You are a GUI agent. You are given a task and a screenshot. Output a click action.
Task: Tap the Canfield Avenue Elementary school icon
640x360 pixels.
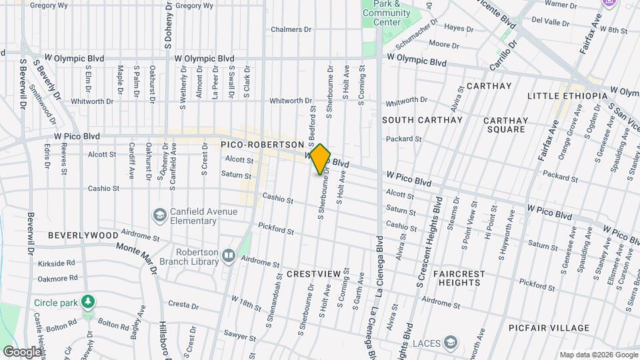click(x=159, y=215)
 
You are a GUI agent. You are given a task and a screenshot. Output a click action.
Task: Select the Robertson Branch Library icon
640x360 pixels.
click(x=229, y=255)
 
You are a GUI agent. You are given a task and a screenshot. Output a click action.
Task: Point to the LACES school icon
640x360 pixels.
click(x=451, y=343)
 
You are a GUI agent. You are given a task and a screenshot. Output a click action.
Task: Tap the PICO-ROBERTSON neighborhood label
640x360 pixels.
click(x=262, y=144)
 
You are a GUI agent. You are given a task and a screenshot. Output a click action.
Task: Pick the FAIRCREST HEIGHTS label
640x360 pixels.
click(x=465, y=278)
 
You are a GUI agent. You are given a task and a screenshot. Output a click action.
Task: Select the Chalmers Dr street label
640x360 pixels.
click(x=291, y=29)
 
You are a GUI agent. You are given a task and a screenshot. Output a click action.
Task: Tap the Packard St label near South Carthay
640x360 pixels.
click(x=405, y=139)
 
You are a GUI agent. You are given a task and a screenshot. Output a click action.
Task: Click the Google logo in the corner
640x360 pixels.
click(x=22, y=351)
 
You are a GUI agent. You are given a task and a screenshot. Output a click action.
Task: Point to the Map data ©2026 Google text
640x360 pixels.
click(x=598, y=354)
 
